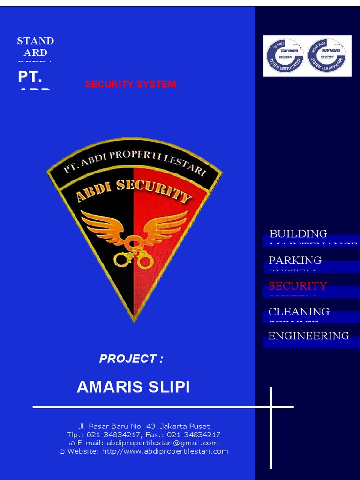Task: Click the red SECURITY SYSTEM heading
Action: [130, 84]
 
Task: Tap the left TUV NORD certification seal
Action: [285, 56]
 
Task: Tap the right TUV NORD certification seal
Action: [327, 56]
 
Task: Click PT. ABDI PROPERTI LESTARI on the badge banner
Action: [135, 162]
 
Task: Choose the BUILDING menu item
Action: [298, 233]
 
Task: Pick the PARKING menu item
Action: [295, 260]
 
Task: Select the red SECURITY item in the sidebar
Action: [298, 286]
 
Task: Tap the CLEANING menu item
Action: [299, 312]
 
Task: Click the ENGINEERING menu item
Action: [308, 336]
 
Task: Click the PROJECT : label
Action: [131, 359]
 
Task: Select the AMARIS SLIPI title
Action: [133, 387]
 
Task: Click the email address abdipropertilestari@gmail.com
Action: [162, 443]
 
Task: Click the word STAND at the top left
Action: [36, 41]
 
